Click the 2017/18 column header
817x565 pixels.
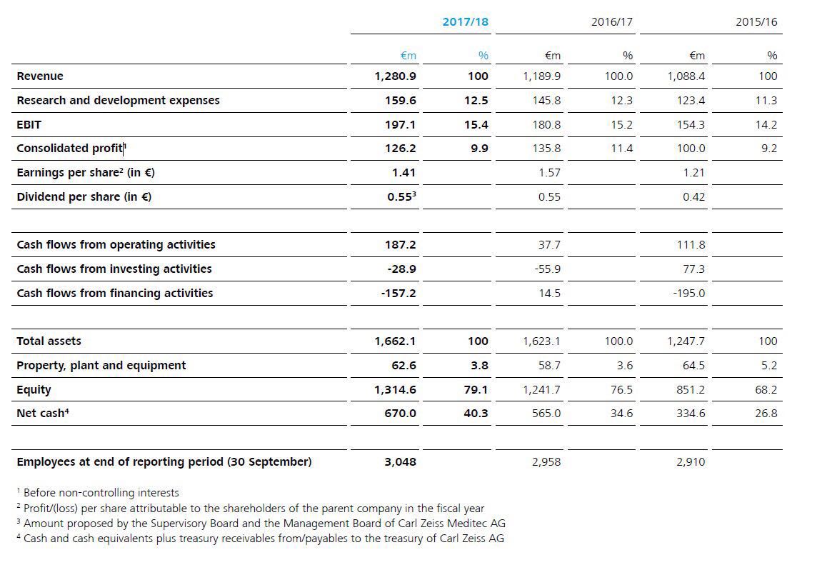click(465, 21)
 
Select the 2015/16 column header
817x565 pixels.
click(756, 21)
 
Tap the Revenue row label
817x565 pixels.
click(40, 76)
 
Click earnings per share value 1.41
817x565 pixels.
click(404, 172)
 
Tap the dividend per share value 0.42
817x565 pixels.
click(693, 196)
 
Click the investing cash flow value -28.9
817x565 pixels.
click(401, 269)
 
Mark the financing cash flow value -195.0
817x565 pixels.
click(688, 293)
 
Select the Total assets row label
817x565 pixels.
click(49, 341)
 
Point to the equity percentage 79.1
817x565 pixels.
click(476, 389)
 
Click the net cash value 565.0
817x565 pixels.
click(546, 414)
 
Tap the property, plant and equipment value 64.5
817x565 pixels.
click(693, 365)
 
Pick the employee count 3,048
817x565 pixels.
click(400, 461)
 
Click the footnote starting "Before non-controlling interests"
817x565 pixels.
click(101, 492)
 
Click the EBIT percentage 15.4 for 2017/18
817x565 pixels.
click(476, 124)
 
